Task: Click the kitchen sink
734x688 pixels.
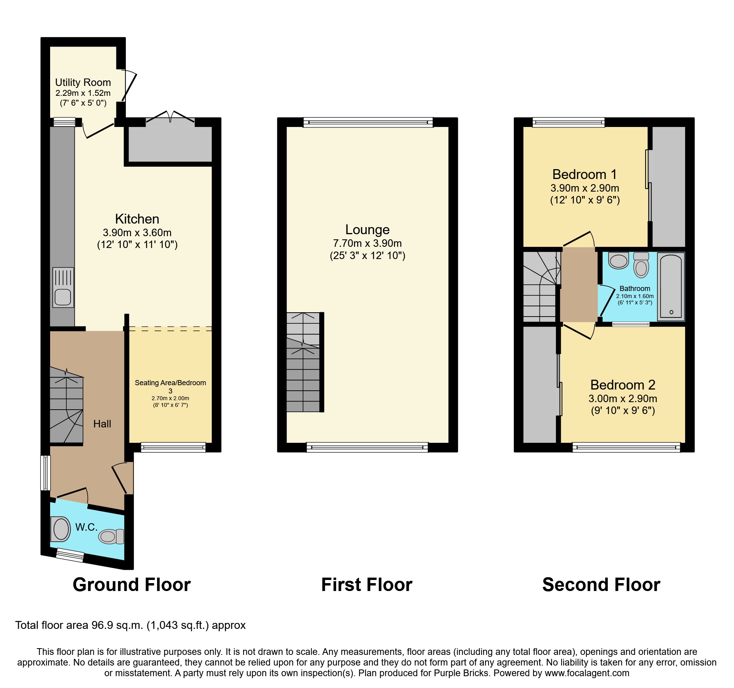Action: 63,288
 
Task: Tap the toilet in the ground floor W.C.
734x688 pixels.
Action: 111,536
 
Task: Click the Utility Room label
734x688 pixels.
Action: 83,82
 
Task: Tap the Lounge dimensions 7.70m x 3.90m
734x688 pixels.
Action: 367,243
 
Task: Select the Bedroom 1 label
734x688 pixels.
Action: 584,174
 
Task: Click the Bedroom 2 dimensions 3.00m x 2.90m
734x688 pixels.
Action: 623,399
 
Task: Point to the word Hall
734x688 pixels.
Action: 102,424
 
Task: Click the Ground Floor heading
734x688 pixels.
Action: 131,585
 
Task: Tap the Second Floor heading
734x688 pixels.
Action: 601,585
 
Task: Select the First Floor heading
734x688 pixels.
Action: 367,585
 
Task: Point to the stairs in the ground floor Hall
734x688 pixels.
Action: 66,406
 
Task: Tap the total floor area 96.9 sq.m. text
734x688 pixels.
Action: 130,625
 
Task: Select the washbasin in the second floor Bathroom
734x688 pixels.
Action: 618,261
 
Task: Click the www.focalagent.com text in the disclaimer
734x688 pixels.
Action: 587,673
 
